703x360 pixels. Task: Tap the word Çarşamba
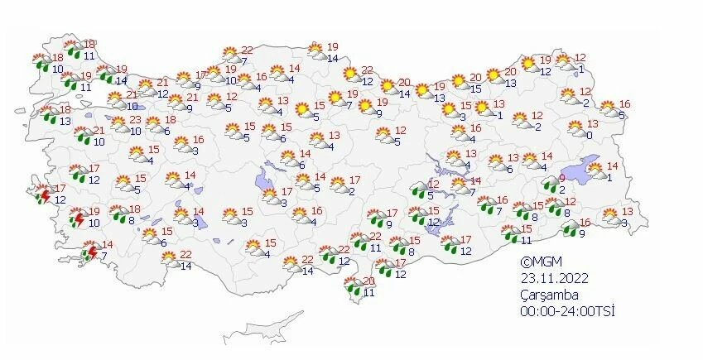coord(543,295)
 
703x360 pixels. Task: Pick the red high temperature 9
coord(561,178)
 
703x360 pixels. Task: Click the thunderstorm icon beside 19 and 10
coord(77,218)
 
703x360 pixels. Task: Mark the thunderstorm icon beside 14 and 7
coord(90,252)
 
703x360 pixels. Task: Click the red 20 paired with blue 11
coord(369,281)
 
